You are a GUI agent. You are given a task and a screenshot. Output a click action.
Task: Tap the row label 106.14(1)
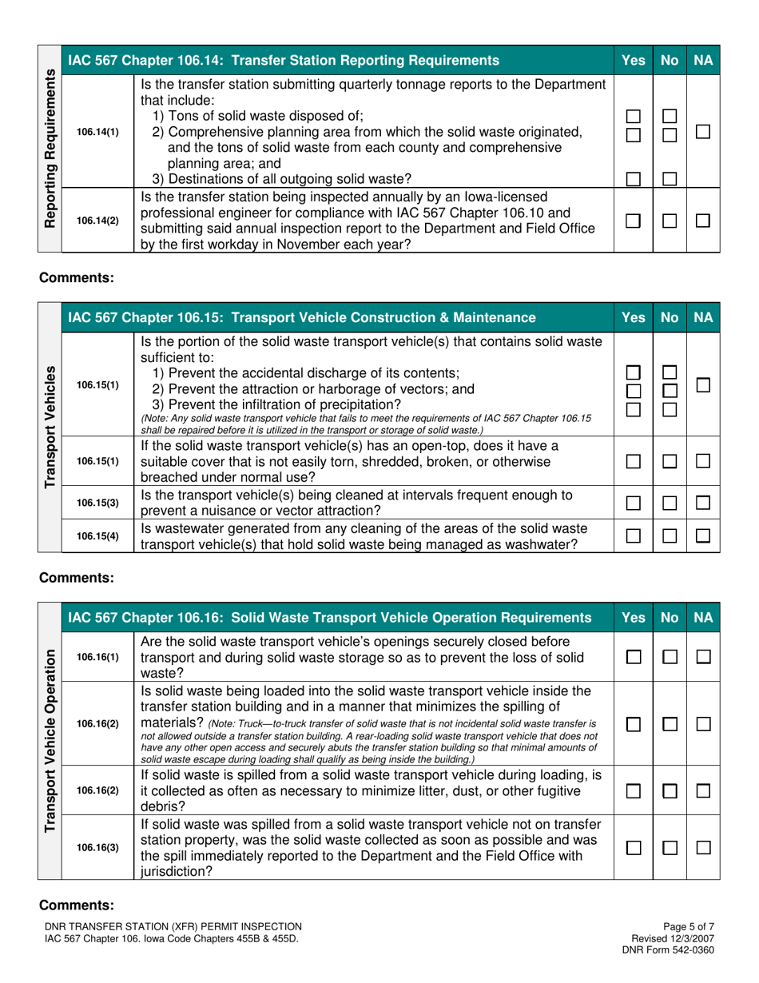(97, 132)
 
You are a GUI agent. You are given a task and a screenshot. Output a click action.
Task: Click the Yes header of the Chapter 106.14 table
(633, 59)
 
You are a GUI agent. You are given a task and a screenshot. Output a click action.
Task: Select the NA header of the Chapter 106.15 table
(704, 317)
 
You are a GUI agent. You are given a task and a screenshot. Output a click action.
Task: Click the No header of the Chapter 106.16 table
(670, 617)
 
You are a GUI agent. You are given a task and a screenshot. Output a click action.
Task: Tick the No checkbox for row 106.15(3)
(670, 503)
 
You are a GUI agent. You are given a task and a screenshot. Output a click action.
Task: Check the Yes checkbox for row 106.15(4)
(633, 535)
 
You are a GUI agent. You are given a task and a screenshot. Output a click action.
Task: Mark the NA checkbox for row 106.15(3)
(703, 503)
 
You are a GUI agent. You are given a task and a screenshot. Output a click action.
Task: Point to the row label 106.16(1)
(97, 656)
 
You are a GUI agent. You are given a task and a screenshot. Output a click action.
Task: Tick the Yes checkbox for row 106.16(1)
(633, 656)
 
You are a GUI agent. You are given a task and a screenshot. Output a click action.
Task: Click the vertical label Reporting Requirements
(49, 148)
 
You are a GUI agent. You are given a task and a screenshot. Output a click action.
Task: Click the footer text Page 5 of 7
(689, 925)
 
